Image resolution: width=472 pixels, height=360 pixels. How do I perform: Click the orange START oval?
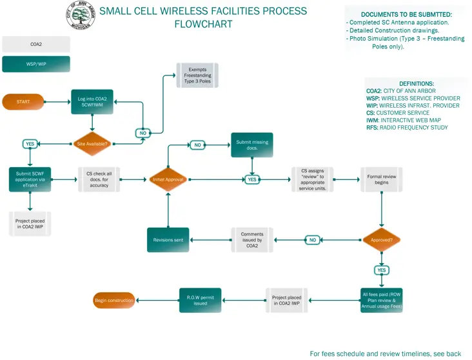(24, 102)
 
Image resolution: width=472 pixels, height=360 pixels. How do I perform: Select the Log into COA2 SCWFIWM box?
(92, 102)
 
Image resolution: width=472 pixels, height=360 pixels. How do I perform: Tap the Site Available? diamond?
(92, 143)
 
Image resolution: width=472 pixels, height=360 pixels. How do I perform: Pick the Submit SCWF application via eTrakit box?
(30, 179)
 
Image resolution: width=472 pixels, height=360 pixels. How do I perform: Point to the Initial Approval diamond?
(168, 179)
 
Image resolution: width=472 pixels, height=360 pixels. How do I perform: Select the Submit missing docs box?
(251, 145)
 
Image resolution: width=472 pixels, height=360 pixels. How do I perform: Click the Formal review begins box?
(382, 179)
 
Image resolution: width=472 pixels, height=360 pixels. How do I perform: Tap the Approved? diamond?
(382, 240)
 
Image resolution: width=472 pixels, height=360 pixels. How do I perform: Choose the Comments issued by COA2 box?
(251, 240)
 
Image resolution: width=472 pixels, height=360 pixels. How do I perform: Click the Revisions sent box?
(168, 240)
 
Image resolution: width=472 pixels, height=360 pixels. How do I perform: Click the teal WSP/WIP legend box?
(36, 65)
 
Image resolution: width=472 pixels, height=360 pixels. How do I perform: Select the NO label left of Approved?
(313, 240)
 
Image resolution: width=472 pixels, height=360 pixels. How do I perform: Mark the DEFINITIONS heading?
(416, 84)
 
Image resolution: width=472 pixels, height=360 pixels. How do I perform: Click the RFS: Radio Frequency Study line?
(407, 127)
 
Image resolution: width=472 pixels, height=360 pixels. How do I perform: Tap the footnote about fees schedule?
(385, 354)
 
